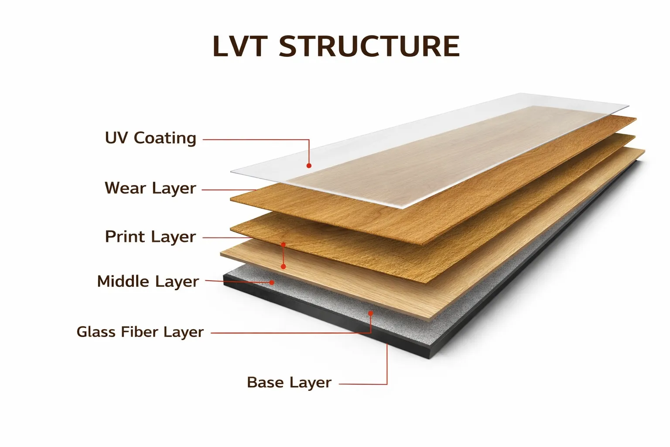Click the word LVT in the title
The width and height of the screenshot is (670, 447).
(x=239, y=46)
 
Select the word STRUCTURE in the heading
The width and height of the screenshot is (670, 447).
(x=369, y=46)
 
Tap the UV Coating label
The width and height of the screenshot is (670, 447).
(x=150, y=138)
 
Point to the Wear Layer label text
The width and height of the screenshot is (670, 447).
(x=150, y=188)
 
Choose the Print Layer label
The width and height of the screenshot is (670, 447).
(x=150, y=237)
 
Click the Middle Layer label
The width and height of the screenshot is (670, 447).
(x=148, y=282)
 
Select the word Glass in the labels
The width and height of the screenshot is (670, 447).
(x=96, y=332)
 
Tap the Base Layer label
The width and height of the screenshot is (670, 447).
(x=289, y=382)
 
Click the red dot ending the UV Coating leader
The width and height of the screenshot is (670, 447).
(x=309, y=166)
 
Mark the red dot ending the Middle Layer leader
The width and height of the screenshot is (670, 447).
(x=272, y=282)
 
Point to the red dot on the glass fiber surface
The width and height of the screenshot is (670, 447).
(x=371, y=313)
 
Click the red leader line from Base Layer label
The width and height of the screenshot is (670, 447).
(x=387, y=367)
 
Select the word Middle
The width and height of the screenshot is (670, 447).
(x=123, y=282)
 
